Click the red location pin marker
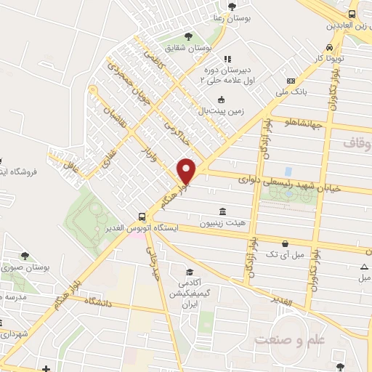[187, 171]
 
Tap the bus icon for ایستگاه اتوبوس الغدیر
[142, 217]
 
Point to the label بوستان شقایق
[189, 48]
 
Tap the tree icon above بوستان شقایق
[189, 36]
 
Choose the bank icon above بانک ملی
[291, 81]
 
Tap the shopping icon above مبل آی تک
[285, 243]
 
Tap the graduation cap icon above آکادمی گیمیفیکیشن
[189, 272]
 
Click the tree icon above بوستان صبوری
[25, 256]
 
